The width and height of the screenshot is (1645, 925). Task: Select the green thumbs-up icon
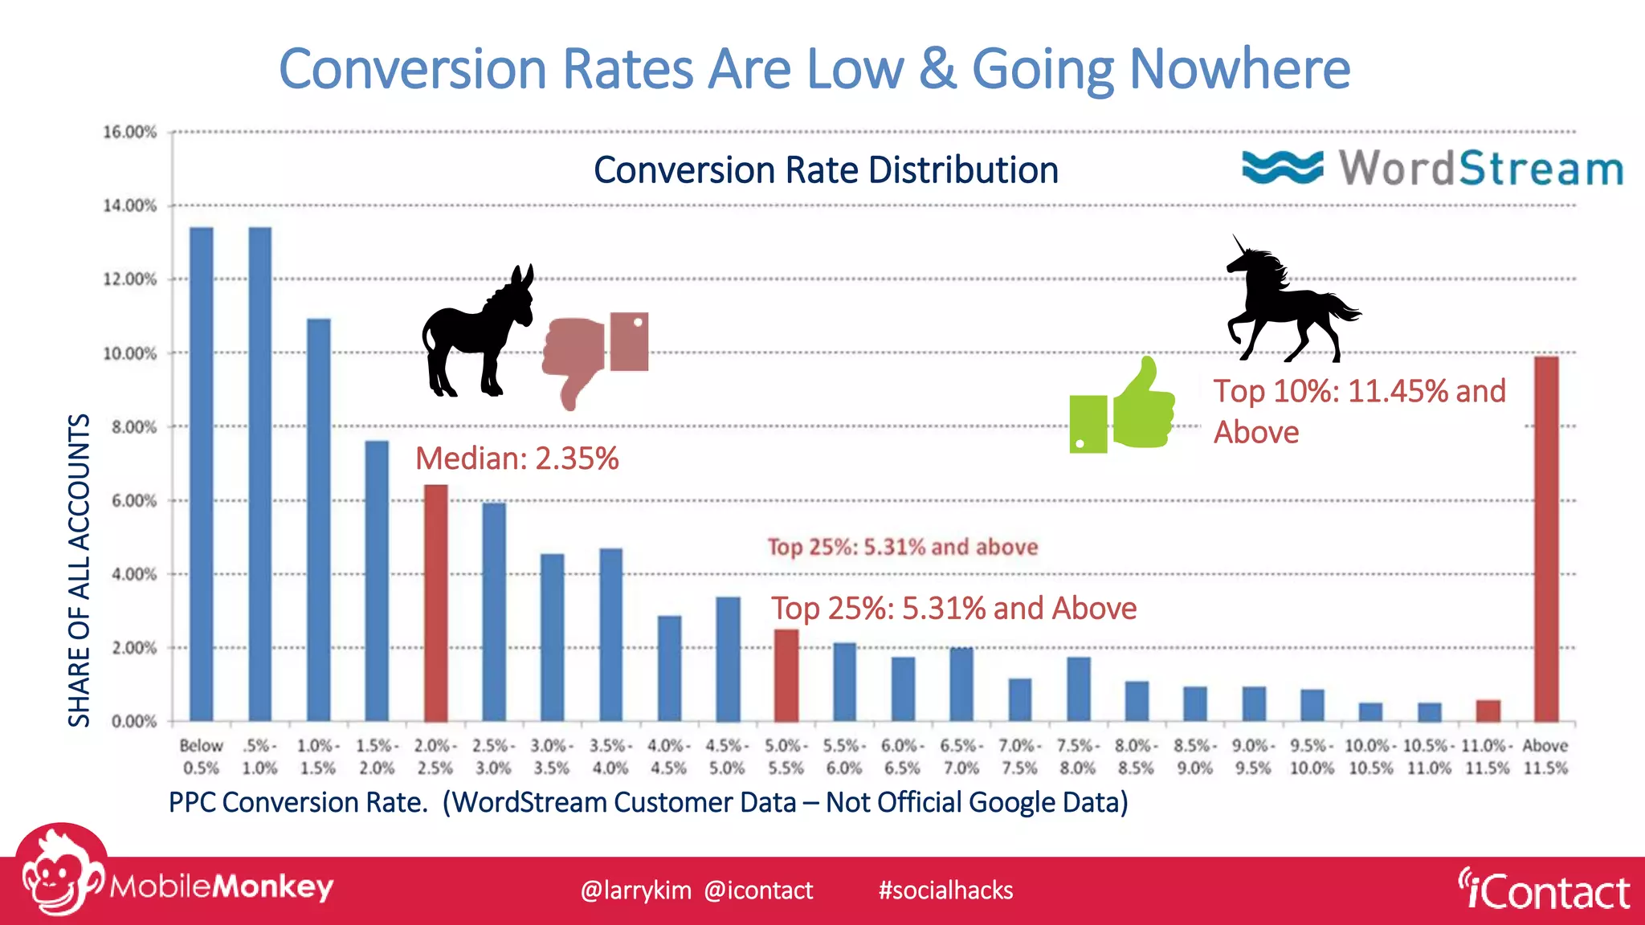[1125, 410]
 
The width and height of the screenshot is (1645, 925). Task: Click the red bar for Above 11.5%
[1545, 538]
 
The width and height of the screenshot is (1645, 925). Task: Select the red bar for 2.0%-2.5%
[435, 602]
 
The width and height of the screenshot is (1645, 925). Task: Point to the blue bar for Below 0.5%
[201, 474]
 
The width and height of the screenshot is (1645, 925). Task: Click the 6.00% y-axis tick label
[133, 501]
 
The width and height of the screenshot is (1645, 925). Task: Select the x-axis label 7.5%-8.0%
[1078, 756]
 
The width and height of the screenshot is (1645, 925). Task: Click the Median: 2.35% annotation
[516, 458]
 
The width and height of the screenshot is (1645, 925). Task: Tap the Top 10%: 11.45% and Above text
[1359, 410]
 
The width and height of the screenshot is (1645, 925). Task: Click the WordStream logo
[1432, 168]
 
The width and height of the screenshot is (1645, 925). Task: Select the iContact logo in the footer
[1544, 890]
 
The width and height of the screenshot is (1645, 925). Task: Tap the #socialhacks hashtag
[945, 890]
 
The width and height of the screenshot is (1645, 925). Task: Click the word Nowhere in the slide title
[1240, 69]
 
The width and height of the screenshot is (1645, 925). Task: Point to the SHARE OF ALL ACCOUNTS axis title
[79, 570]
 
